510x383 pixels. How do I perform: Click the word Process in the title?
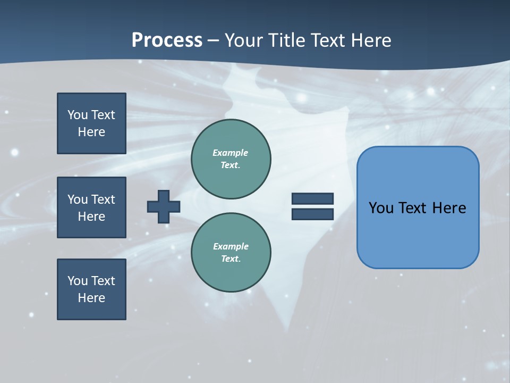tap(167, 40)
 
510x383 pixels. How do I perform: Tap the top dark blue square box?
tap(91, 123)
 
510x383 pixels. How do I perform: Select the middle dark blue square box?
tap(91, 207)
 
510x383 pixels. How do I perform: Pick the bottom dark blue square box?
tap(91, 289)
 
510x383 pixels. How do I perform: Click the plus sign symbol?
tap(164, 206)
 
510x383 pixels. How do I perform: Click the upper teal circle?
tap(231, 159)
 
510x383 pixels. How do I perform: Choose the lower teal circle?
tap(231, 253)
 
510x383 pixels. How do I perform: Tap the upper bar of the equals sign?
tap(312, 199)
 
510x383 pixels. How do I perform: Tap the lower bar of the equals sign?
tap(312, 214)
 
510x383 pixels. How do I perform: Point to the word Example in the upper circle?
tap(231, 153)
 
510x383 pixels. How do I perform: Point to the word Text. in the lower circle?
tap(231, 259)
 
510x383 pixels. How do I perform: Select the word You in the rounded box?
tap(381, 208)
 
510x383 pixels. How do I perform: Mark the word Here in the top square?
tap(91, 132)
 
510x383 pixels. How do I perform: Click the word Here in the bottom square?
tap(91, 298)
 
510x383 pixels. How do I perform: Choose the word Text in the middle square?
tap(103, 199)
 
